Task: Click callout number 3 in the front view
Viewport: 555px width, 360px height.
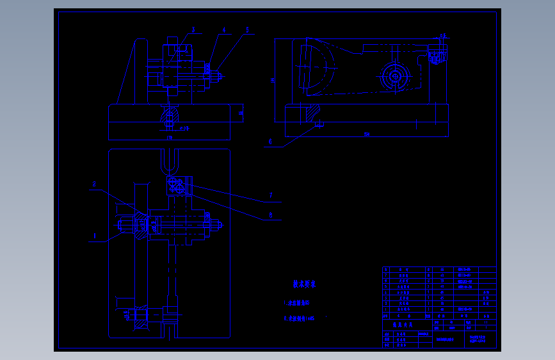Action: [x=192, y=29]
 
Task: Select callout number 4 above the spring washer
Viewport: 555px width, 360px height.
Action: [x=223, y=29]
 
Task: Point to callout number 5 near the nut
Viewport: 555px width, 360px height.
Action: [x=247, y=29]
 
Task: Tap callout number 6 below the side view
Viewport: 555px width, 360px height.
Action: [x=269, y=142]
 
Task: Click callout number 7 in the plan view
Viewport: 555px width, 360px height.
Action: [x=271, y=195]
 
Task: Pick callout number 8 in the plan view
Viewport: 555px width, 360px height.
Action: [x=271, y=216]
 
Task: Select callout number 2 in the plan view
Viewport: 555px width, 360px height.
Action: [x=95, y=184]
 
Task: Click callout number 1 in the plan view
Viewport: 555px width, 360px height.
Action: [x=95, y=236]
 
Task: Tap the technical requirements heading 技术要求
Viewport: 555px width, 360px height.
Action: [x=305, y=284]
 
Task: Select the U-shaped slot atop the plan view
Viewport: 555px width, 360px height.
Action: [x=170, y=164]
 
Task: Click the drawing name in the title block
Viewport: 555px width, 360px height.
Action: [x=477, y=339]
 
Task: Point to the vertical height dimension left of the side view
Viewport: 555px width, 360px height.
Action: [x=273, y=81]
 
